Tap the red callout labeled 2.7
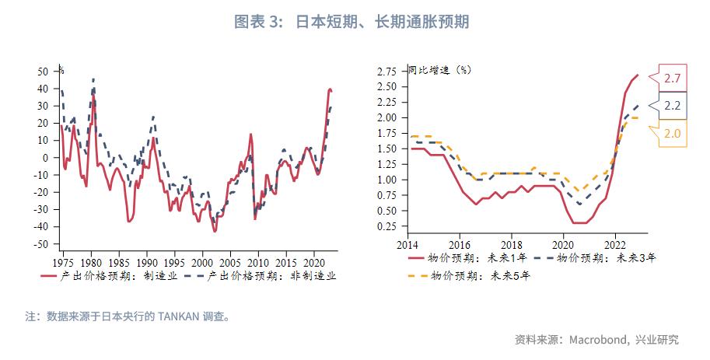click(x=673, y=78)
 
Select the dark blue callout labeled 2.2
click(x=673, y=106)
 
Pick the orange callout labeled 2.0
click(x=673, y=133)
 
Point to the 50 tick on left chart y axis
click(x=44, y=71)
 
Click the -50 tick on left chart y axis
click(x=41, y=244)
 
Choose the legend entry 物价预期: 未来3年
click(x=604, y=258)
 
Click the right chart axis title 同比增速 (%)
click(x=440, y=69)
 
